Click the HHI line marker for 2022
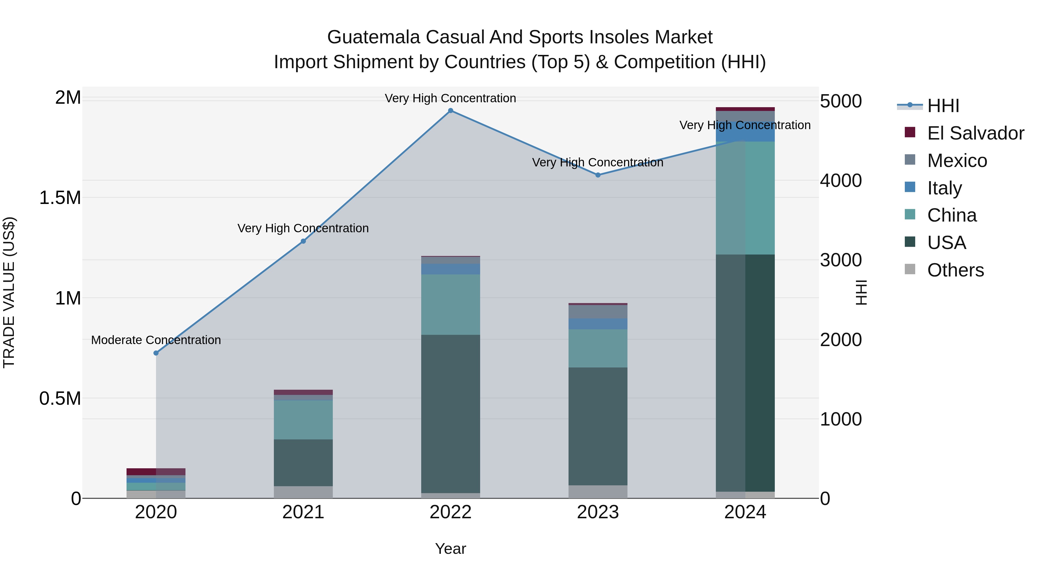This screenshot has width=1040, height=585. tap(451, 111)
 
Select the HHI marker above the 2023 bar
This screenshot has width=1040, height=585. tap(598, 175)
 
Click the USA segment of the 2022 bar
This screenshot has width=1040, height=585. tap(451, 414)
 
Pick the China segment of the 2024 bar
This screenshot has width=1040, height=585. tap(745, 198)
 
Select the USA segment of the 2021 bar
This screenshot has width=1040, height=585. tap(303, 463)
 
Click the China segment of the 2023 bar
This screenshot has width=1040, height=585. tap(598, 348)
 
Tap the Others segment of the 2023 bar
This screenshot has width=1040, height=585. tap(598, 491)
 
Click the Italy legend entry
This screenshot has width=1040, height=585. tap(944, 188)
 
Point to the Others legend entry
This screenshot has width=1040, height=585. tap(955, 270)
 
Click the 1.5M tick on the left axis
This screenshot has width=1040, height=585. tap(60, 198)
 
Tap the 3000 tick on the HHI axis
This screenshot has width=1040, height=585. tap(841, 260)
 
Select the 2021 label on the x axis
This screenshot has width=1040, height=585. tap(303, 512)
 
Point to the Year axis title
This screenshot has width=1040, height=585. tap(451, 549)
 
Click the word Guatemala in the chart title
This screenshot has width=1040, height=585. tap(374, 37)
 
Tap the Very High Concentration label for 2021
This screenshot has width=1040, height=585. tap(303, 228)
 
